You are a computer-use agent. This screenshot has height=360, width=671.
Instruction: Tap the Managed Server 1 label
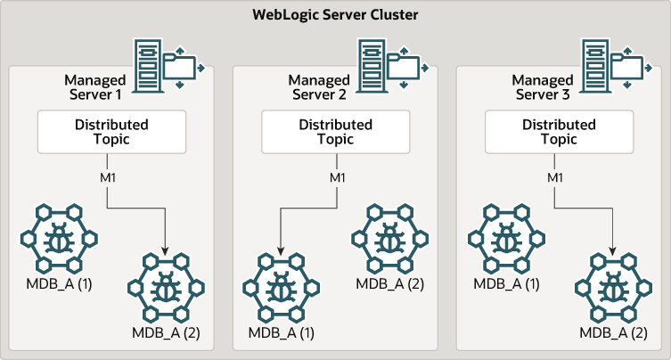[x=98, y=87]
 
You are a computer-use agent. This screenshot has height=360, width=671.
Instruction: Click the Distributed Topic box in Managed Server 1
[x=111, y=132]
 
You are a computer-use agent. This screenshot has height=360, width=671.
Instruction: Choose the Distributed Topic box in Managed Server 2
[x=336, y=132]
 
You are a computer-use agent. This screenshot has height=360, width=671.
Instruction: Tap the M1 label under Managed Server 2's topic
[x=336, y=177]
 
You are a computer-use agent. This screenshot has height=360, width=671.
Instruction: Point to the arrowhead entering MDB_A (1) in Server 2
[x=280, y=251]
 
